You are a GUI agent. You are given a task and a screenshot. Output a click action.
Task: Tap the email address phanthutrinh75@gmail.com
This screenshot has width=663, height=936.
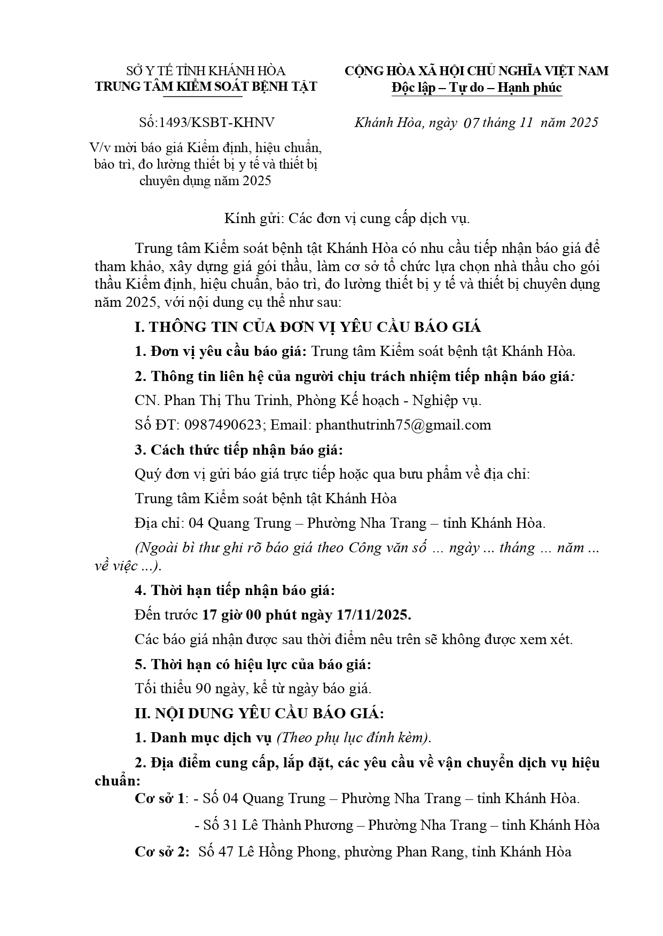[403, 425]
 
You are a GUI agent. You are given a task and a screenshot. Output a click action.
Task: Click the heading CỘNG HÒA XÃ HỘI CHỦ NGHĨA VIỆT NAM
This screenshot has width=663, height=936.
[476, 71]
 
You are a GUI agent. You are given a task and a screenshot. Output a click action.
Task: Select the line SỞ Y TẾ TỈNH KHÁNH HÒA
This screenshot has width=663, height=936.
[206, 71]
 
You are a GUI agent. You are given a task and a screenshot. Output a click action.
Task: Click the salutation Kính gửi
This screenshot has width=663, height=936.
[254, 218]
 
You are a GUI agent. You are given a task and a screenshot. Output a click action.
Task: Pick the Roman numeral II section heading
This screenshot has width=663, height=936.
[259, 713]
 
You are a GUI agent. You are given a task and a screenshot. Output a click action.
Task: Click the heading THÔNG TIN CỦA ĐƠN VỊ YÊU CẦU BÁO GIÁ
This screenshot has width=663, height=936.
[315, 327]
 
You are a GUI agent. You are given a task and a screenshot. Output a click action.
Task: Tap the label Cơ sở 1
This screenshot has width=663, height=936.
[160, 798]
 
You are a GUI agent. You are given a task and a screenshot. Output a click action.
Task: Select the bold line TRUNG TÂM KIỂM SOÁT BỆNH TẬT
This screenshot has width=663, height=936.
[206, 86]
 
